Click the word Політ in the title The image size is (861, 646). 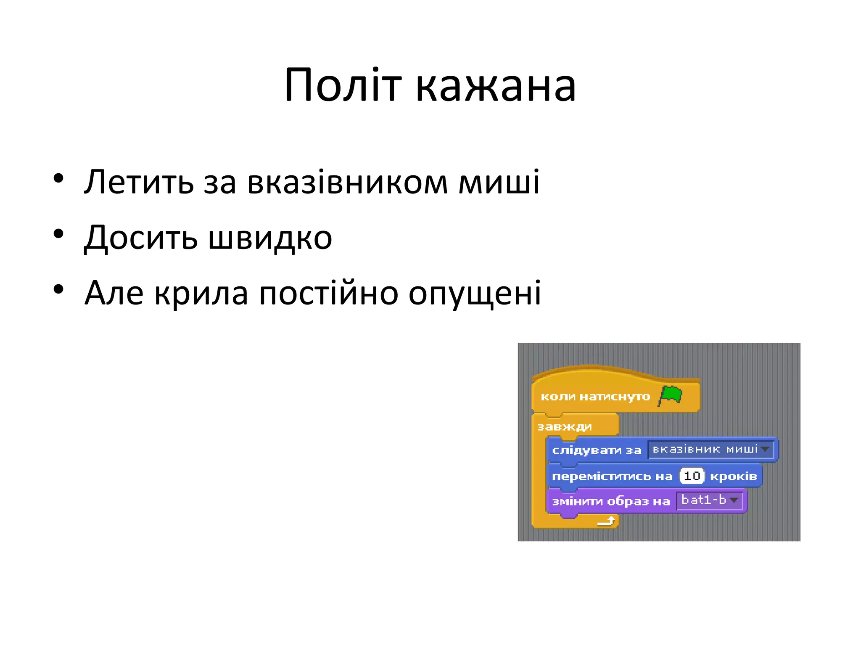pos(342,86)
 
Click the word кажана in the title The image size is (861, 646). pos(496,87)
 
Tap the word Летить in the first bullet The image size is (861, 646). pos(139,182)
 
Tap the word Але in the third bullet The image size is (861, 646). pos(114,293)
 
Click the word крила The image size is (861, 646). pos(201,294)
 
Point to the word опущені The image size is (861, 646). pos(475,294)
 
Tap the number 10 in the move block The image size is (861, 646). pos(692,476)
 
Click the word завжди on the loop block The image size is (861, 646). pos(564,427)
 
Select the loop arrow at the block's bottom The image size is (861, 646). pos(607,522)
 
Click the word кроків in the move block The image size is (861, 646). pos(733,476)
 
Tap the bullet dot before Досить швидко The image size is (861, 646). pos(58,234)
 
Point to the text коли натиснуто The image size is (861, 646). pos(595,397)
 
